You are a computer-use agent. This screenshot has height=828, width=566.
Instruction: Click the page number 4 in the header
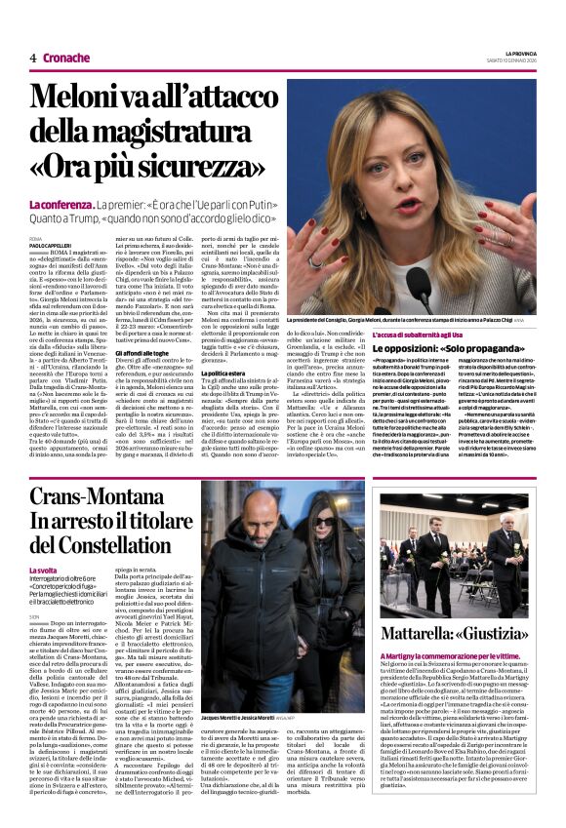click(x=32, y=58)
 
